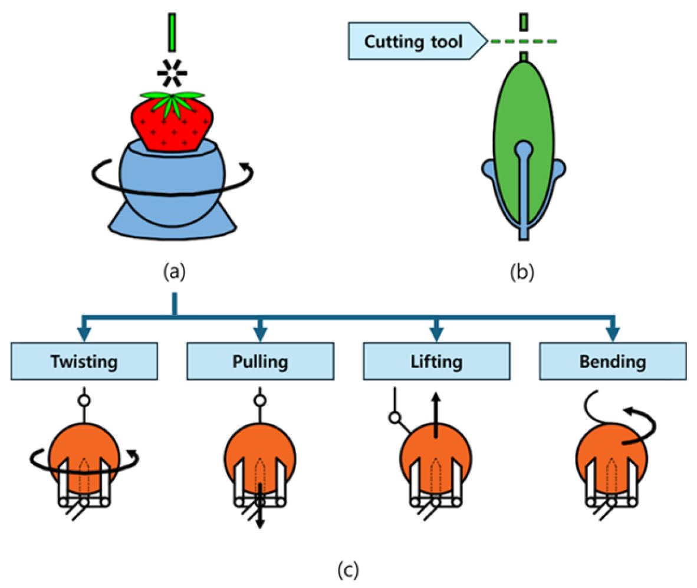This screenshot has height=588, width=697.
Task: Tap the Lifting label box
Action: click(436, 362)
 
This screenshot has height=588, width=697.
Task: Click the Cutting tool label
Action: click(413, 41)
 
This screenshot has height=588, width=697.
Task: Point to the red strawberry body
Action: click(171, 127)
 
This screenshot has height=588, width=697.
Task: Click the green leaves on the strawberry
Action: click(173, 100)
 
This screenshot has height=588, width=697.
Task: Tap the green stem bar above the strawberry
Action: click(172, 32)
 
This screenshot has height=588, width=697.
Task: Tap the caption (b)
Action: click(522, 272)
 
